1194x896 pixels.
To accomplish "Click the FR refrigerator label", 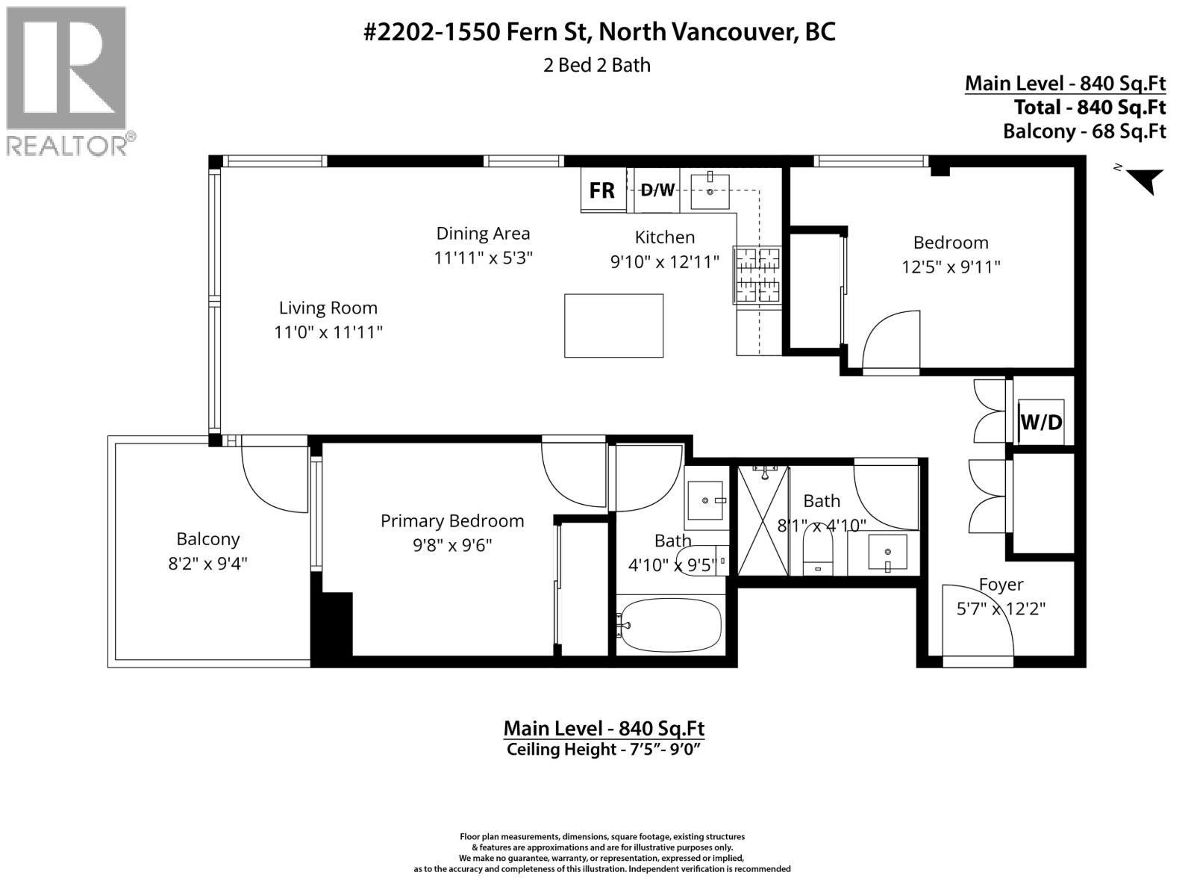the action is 601,190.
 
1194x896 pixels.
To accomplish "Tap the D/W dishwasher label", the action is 657,190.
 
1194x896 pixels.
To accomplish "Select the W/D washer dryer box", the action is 1040,422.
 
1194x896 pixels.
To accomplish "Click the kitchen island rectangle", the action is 613,326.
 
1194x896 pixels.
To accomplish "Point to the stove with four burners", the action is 757,275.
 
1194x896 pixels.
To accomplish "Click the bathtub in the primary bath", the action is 670,625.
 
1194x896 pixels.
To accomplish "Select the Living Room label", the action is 328,308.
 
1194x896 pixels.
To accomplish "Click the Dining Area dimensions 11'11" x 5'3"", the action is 483,258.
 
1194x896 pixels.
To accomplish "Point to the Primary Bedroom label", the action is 452,521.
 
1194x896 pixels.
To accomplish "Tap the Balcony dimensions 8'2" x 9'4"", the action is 207,564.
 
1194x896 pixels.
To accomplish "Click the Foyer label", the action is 1001,585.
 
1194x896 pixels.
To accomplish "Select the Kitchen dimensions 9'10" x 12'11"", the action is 665,262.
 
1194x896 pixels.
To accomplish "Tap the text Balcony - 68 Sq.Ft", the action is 1084,131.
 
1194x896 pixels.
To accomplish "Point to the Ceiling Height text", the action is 603,749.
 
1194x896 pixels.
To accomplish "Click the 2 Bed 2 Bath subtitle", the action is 597,65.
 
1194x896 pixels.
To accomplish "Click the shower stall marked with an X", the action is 763,520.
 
